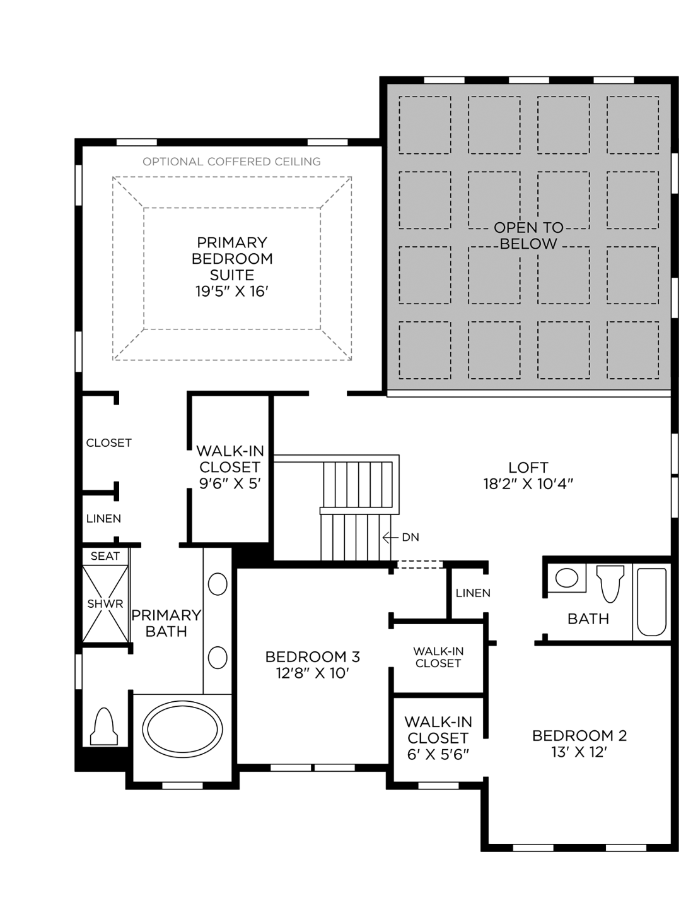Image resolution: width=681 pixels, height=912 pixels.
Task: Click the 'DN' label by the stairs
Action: pos(410,537)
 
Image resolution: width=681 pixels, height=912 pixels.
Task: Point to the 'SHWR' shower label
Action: pos(105,604)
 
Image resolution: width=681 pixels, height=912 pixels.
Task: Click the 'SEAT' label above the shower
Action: pos(105,556)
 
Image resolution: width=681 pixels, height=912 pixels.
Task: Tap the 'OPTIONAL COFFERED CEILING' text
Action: pos(231,162)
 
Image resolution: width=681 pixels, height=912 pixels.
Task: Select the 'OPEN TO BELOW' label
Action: pos(528,235)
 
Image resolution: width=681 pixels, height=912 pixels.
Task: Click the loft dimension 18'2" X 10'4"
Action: pos(528,484)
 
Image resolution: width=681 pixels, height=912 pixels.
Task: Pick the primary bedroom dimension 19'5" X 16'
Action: pos(231,292)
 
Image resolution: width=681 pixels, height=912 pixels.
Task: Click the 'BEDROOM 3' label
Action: pos(312,657)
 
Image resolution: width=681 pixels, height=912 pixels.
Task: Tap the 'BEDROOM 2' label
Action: pos(579,735)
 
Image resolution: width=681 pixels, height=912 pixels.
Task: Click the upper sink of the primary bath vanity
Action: pos(218,584)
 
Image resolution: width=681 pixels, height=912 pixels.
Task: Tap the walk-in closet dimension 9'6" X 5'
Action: pos(230,483)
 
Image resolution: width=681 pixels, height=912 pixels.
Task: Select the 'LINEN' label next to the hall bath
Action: pos(473,593)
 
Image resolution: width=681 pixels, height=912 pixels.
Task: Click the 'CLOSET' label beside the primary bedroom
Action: pos(109,443)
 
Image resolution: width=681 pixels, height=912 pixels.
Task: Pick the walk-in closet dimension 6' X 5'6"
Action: pos(438,754)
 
